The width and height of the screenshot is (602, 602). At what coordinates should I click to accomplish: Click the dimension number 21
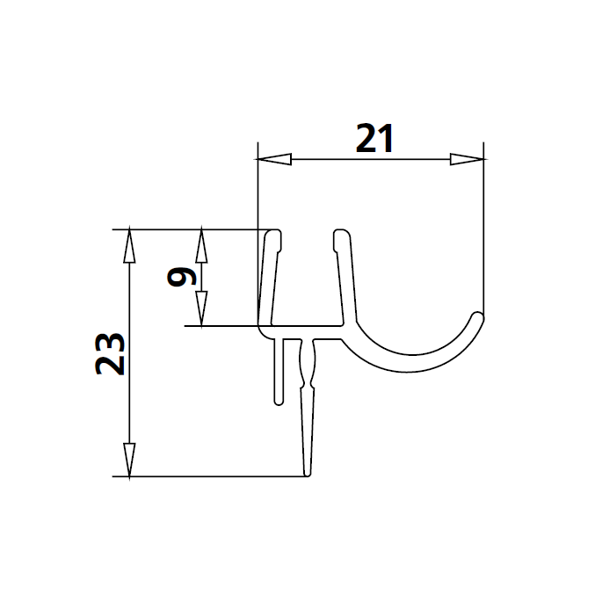point(373,139)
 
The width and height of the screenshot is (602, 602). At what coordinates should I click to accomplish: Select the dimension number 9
point(180,278)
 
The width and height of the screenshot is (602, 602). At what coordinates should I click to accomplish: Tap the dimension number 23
point(109,353)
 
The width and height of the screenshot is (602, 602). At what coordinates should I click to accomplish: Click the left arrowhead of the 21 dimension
point(273,160)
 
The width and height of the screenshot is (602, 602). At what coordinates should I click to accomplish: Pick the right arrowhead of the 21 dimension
point(467,160)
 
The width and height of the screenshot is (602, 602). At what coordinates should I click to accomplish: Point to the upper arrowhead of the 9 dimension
point(202,245)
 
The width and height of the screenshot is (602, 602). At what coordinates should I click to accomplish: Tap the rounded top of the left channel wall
point(274,235)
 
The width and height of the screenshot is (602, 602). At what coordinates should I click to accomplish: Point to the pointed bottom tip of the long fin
point(307,475)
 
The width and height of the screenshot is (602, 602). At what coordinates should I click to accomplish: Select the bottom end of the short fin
point(279,403)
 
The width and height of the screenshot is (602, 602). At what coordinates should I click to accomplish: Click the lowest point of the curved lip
point(406,370)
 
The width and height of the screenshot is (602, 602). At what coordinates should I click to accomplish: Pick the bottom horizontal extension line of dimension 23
point(211,477)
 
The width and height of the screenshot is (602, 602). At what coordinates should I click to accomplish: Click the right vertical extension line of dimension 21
point(484,228)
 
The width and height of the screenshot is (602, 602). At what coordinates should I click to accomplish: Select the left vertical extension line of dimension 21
point(257,228)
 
